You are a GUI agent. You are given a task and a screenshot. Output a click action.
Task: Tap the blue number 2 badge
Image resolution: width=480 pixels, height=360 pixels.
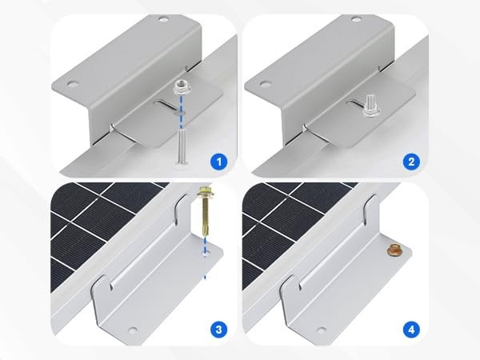tap(411, 162)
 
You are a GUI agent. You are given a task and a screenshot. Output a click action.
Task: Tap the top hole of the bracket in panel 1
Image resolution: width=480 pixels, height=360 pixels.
tap(163, 18)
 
